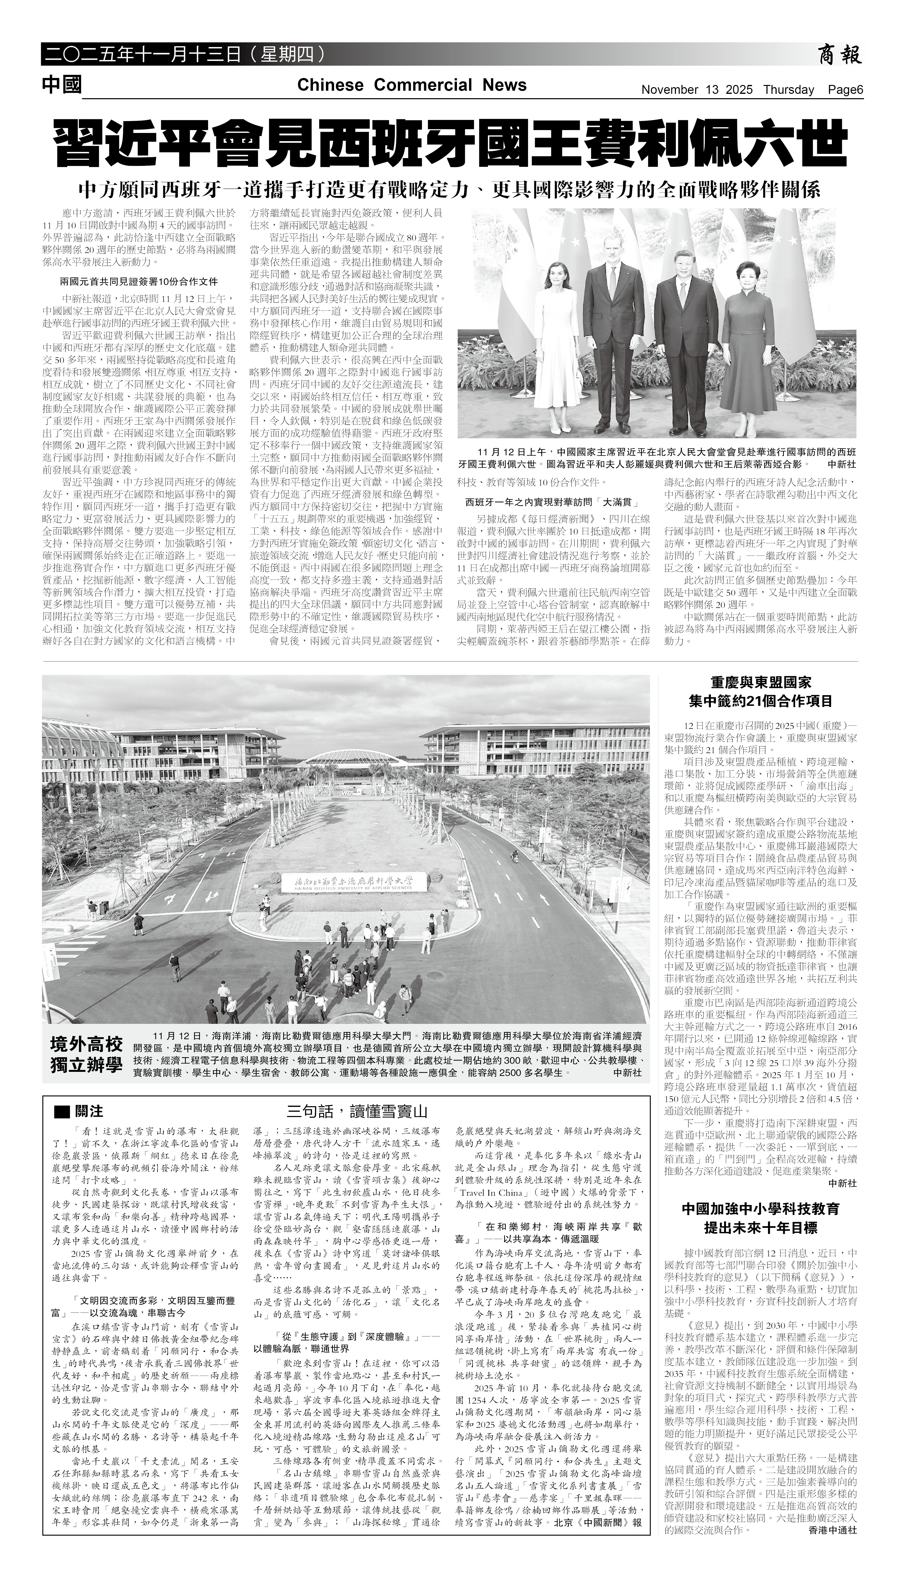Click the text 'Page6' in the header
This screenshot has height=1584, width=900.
(x=846, y=90)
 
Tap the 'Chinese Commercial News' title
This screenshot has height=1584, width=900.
(x=412, y=85)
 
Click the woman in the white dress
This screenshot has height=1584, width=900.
(x=560, y=340)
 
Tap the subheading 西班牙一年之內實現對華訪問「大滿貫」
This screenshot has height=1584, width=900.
(x=552, y=502)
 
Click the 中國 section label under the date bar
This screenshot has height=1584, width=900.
(x=62, y=85)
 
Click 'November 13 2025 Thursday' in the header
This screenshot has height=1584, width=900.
(x=727, y=90)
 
